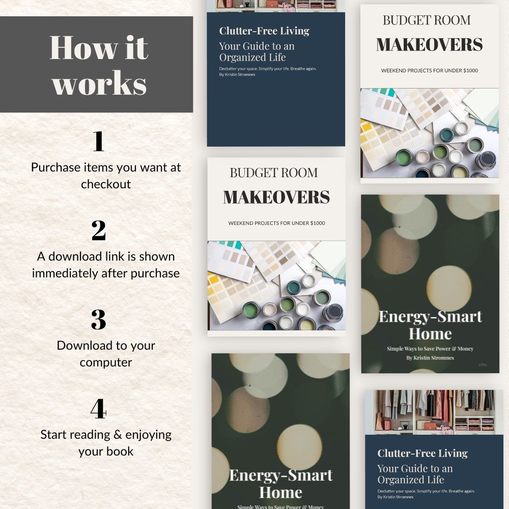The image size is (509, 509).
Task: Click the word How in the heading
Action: click(83, 48)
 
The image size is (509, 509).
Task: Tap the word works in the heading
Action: click(99, 84)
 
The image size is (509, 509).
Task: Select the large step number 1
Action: click(98, 141)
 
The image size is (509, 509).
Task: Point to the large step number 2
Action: click(98, 230)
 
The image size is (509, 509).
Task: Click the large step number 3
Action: click(98, 320)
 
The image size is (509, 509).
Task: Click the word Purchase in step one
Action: click(56, 167)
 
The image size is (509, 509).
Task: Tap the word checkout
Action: click(106, 184)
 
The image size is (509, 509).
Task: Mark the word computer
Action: click(106, 362)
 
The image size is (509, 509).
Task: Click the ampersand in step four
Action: click(118, 434)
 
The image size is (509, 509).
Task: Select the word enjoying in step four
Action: click(148, 435)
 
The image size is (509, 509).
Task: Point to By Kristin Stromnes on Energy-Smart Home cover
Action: click(430, 358)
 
